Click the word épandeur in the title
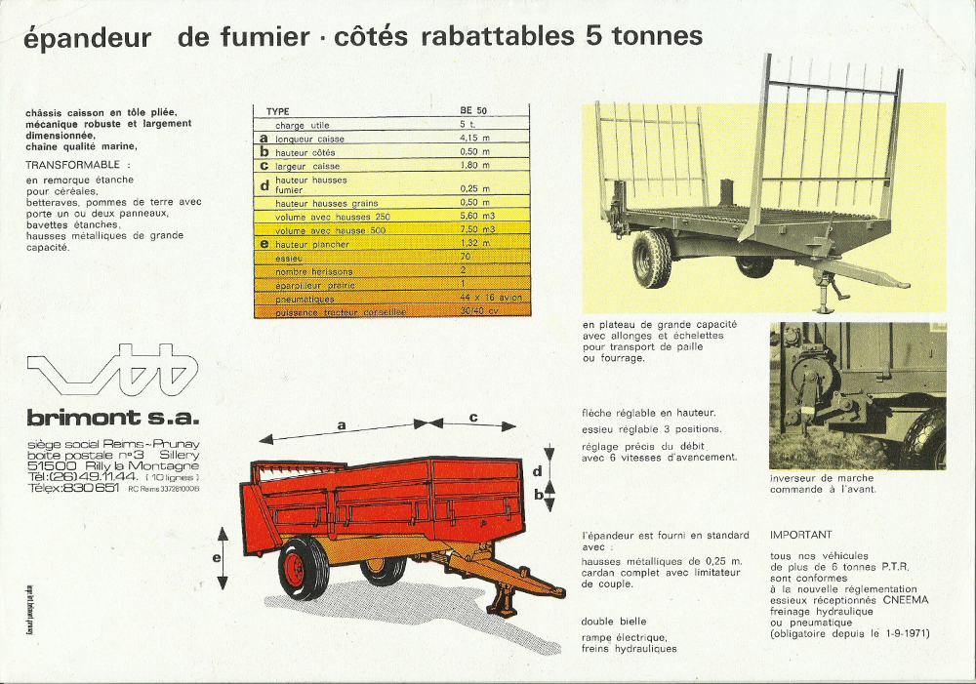point(88,39)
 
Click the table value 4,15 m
point(475,139)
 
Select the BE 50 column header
point(473,111)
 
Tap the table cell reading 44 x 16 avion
point(491,297)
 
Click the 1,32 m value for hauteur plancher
point(475,243)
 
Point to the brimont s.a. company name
point(112,419)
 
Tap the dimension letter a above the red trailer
point(343,424)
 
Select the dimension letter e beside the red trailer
point(217,557)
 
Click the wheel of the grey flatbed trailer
point(651,260)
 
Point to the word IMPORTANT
point(801,535)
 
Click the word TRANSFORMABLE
point(74,165)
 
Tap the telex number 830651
point(90,488)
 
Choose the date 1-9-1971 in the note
point(905,634)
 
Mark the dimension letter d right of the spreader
point(538,471)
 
